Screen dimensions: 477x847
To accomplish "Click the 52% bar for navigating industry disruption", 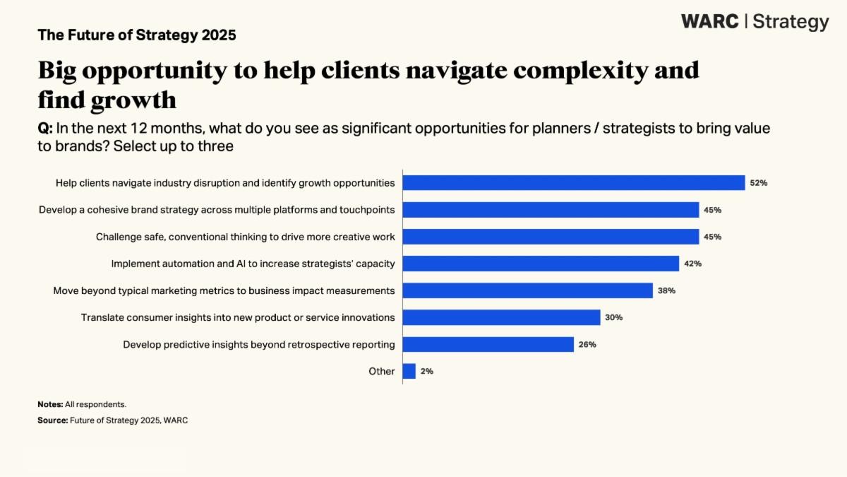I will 573,183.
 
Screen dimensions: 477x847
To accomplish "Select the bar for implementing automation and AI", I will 541,264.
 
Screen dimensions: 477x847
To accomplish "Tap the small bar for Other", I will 409,371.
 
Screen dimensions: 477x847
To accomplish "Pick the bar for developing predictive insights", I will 488,344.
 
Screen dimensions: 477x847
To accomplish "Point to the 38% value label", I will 666,290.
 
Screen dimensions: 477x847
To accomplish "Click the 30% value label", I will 613,317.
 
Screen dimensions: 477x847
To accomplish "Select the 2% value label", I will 426,371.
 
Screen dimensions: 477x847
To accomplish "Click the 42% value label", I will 692,264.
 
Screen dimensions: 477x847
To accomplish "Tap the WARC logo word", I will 710,21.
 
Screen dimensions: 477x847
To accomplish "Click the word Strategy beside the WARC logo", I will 791,22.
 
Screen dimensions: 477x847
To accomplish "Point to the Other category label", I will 382,371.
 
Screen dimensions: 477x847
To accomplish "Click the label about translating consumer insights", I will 238,317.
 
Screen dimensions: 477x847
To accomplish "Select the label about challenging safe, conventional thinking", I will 246,237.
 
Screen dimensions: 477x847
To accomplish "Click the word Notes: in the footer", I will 50,404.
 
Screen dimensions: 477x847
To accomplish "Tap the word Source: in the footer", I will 52,420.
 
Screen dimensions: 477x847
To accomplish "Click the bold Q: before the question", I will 45,129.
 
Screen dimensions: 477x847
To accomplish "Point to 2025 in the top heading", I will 217,35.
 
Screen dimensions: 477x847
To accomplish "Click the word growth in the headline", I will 133,100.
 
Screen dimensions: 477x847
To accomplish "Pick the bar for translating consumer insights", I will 501,317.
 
